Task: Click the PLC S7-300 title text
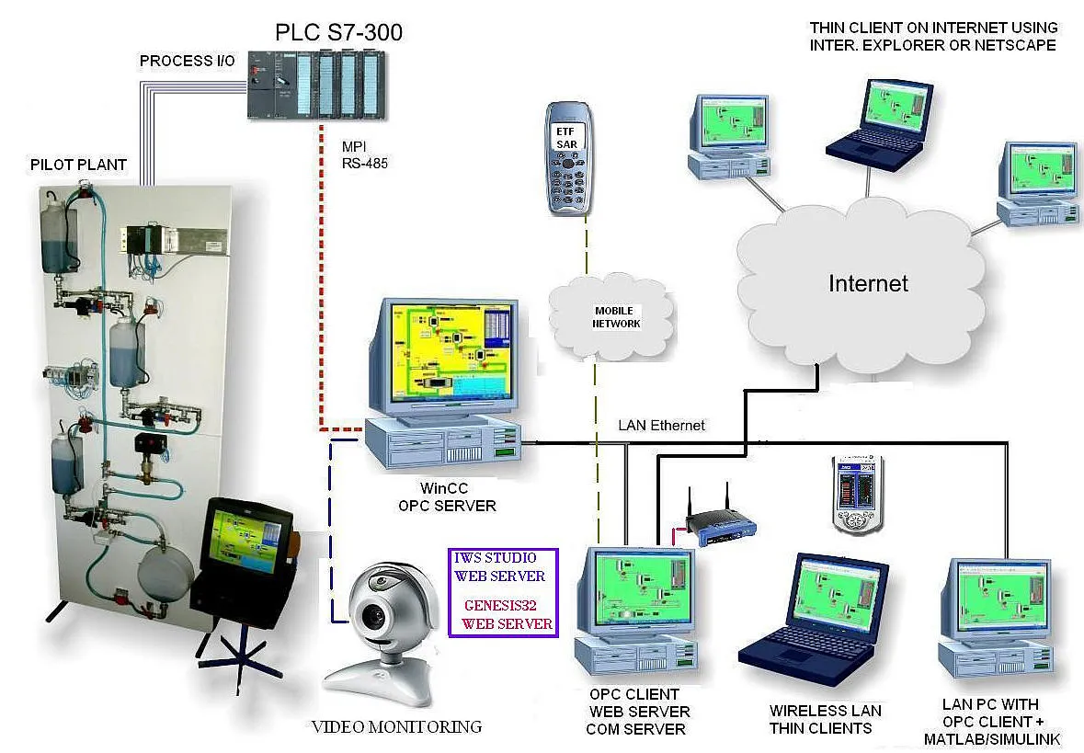(x=338, y=33)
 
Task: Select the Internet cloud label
(x=868, y=283)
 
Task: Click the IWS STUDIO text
(x=496, y=558)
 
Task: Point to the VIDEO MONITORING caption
(x=396, y=727)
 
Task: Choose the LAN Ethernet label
(x=662, y=425)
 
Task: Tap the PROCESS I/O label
(x=187, y=62)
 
